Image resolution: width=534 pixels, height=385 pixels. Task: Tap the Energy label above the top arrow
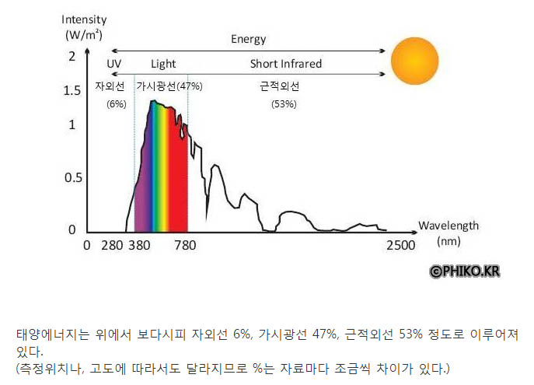click(248, 39)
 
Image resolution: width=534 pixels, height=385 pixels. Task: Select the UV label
click(113, 64)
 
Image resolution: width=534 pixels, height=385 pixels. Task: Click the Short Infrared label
click(285, 64)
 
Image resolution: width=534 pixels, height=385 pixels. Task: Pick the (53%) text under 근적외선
click(284, 103)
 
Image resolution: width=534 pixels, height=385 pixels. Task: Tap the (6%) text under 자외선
click(116, 103)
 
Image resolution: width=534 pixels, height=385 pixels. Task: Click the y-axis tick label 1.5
click(71, 90)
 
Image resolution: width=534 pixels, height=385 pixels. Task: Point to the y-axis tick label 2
click(72, 56)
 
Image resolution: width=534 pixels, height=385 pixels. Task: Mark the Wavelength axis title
click(448, 226)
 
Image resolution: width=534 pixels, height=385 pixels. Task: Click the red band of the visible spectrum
click(180, 187)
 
